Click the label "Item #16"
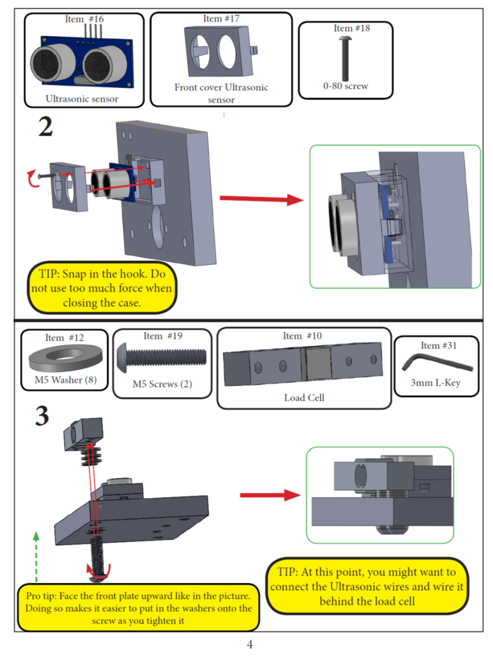coord(84,19)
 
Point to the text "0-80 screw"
coord(345,86)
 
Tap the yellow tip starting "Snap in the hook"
coord(102,288)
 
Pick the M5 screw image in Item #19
coord(163,357)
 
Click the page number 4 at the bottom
coord(250,645)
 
